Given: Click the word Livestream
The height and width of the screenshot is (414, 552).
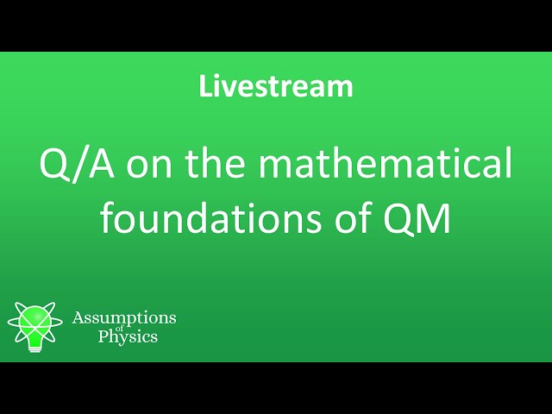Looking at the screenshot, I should click(276, 86).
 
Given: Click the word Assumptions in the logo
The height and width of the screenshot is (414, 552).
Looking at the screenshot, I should click(124, 318).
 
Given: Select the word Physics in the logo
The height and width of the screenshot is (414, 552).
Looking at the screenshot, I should click(127, 337).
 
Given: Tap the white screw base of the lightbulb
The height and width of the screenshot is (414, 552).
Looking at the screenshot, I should click(35, 344).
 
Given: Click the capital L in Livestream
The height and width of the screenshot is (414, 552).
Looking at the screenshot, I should click(205, 86).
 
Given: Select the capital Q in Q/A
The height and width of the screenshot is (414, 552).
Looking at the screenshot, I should click(54, 165).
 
